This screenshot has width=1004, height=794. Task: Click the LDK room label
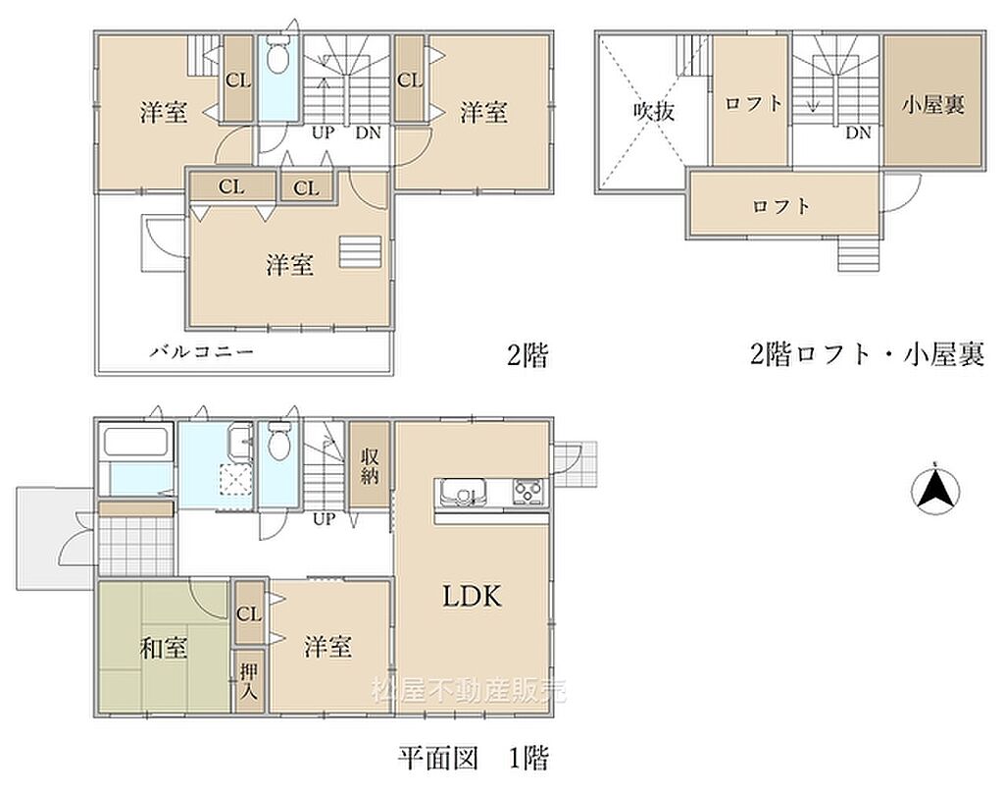473,597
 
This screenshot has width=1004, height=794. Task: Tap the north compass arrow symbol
935,491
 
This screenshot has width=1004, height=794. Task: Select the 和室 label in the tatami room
164,648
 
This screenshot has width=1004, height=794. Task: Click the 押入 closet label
248,680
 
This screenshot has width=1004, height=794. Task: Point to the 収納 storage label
370,465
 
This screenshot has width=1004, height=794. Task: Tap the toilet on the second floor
277,58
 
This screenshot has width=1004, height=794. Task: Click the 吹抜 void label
654,112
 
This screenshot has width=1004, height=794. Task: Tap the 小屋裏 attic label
933,105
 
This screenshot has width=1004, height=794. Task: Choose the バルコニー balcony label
202,351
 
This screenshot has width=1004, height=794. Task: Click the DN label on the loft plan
859,132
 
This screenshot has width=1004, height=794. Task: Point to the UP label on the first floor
324,518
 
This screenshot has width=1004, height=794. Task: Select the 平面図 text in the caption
438,759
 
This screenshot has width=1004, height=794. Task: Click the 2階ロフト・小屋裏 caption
867,353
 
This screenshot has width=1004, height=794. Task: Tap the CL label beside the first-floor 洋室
249,614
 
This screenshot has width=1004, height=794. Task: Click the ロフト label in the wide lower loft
781,206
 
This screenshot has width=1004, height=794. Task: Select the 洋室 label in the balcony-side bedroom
290,265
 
